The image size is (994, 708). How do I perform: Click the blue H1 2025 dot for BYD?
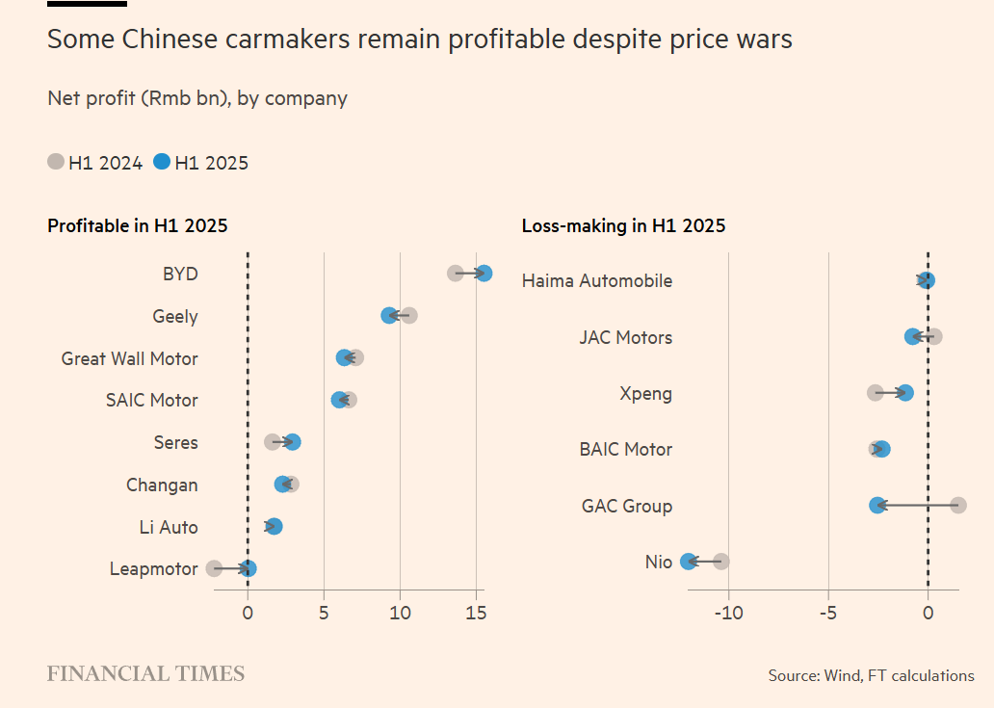[x=484, y=274]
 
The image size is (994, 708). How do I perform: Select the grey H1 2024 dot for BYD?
[x=456, y=274]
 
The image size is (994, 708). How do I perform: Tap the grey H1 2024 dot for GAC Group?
[x=957, y=505]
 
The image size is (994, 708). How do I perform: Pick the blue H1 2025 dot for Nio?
[x=689, y=562]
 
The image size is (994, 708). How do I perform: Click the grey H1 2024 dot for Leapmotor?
[x=214, y=568]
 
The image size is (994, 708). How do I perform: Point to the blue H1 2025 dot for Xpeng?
[x=904, y=392]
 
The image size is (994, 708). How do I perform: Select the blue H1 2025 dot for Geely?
[x=389, y=315]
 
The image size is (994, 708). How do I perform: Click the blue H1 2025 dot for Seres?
[x=293, y=442]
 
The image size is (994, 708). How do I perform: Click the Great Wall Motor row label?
[x=129, y=358]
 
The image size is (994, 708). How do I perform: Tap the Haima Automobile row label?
[x=596, y=280]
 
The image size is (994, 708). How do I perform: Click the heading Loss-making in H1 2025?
[x=623, y=226]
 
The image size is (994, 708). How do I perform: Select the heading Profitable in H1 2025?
[x=138, y=226]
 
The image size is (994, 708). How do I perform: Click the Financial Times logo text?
[x=145, y=673]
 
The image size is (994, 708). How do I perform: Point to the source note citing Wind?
[x=871, y=675]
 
